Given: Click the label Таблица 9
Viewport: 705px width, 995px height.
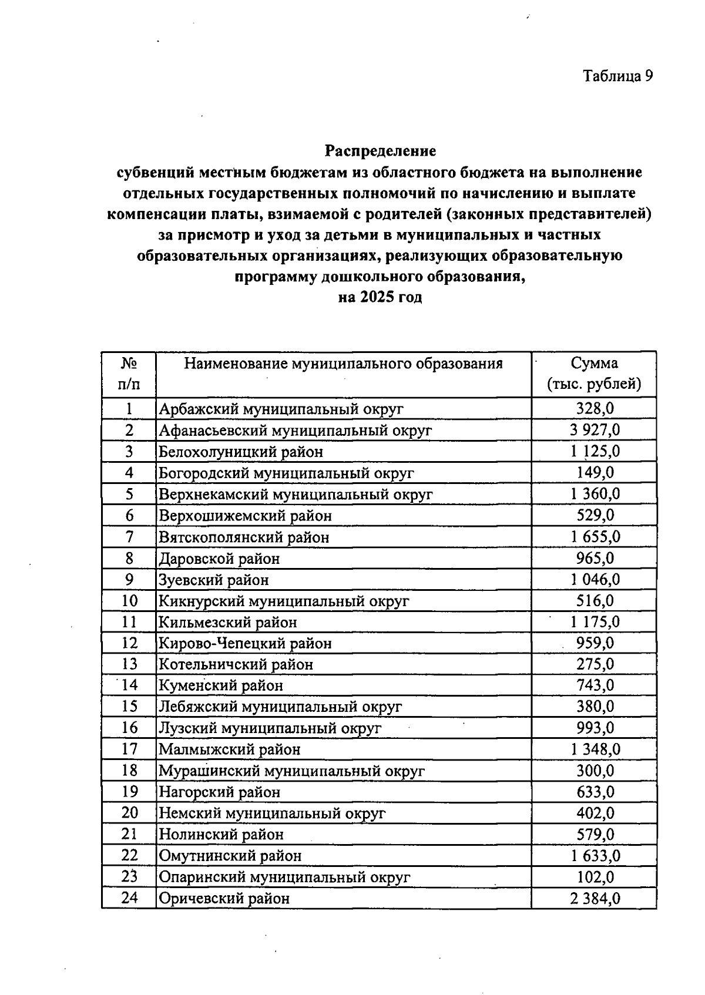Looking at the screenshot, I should tap(617, 76).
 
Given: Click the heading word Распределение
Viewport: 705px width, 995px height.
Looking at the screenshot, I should tap(381, 151).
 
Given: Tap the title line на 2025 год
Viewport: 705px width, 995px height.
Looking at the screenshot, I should tap(381, 297).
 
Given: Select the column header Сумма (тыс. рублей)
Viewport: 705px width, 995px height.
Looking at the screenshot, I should tap(594, 374).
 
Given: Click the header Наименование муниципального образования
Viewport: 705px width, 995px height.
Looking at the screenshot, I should tap(343, 364).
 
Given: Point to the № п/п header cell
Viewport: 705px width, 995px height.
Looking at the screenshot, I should tap(129, 374).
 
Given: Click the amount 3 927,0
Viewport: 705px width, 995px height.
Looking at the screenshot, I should tap(595, 430).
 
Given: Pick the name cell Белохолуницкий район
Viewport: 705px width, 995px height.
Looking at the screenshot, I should tap(241, 452).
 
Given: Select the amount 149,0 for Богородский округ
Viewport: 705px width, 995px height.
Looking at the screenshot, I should tap(595, 472).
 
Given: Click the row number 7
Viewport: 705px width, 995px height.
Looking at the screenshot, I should tap(129, 536).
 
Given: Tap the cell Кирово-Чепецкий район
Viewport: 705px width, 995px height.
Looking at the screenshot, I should tap(245, 643).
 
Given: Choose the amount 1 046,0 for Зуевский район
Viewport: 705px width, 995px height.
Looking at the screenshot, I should tap(595, 580).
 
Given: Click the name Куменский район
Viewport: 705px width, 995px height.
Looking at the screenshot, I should tap(221, 685).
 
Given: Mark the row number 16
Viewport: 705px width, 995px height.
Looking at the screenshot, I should tap(129, 728).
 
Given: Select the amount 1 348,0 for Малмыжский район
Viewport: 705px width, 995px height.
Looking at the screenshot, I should tap(595, 749).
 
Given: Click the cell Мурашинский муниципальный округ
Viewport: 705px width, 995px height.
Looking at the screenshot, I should tap(291, 771).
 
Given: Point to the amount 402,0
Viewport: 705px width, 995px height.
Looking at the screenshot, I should tap(595, 813).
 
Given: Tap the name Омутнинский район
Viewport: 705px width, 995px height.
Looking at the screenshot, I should tap(230, 856).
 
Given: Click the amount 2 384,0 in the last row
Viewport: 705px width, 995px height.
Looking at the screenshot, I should tap(595, 898).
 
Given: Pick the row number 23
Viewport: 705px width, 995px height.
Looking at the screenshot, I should tap(129, 876).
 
